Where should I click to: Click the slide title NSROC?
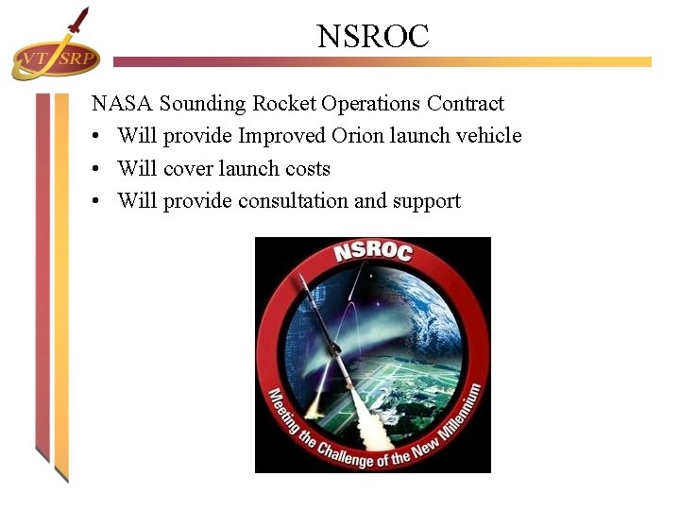click(x=373, y=37)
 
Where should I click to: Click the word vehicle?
click(x=489, y=136)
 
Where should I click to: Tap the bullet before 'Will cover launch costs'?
click(x=97, y=170)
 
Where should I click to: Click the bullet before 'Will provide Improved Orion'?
click(x=97, y=137)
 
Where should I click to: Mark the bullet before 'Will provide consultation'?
click(x=97, y=202)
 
